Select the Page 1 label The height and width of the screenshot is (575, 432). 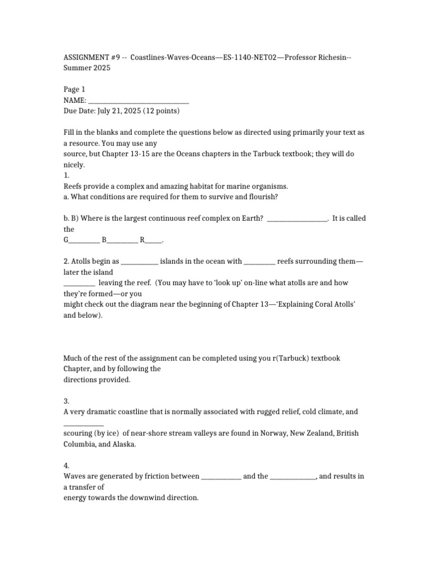(74, 89)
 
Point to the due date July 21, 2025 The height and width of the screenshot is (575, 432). (119, 111)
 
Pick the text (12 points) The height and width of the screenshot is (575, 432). (161, 111)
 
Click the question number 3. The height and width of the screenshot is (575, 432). (66, 401)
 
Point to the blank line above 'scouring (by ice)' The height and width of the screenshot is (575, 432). (83, 423)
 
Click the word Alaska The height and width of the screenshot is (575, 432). (124, 444)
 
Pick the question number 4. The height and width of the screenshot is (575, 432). (66, 466)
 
